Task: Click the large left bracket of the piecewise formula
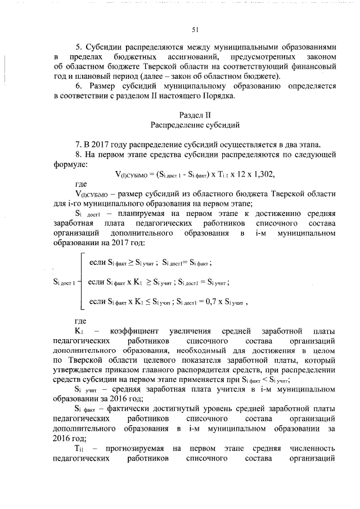(x=79, y=281)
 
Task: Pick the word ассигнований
(x=194, y=57)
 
